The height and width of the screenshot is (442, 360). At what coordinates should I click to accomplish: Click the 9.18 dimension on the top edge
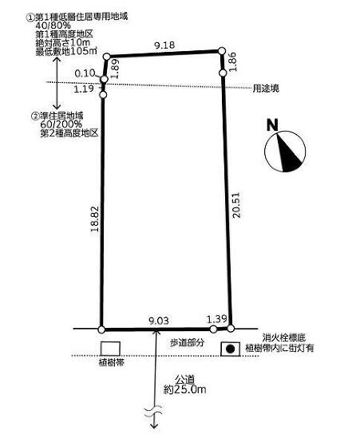pyautogui.click(x=164, y=45)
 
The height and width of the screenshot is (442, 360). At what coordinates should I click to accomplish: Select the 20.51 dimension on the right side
pyautogui.click(x=236, y=205)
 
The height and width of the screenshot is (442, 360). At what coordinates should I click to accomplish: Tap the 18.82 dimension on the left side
pyautogui.click(x=95, y=219)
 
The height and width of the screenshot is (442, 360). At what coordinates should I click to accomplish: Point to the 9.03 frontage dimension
pyautogui.click(x=159, y=321)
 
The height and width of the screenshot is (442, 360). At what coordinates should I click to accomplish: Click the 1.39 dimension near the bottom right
pyautogui.click(x=216, y=319)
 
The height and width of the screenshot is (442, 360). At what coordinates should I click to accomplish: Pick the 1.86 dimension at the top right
pyautogui.click(x=232, y=62)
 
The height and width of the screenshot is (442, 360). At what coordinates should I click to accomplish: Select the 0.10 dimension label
pyautogui.click(x=85, y=73)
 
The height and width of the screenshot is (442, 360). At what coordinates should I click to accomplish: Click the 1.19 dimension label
pyautogui.click(x=84, y=89)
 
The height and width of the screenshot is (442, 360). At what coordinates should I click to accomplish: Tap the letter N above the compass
pyautogui.click(x=272, y=125)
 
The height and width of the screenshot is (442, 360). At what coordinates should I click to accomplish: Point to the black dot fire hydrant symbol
pyautogui.click(x=231, y=349)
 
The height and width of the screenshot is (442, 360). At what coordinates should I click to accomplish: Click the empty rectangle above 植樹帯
pyautogui.click(x=110, y=349)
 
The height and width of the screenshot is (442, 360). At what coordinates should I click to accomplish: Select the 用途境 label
pyautogui.click(x=266, y=89)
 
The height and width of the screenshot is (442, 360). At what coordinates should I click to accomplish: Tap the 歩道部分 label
pyautogui.click(x=187, y=342)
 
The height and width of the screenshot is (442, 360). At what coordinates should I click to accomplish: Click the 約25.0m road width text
pyautogui.click(x=185, y=389)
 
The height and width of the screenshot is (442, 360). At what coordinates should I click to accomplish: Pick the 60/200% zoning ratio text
pyautogui.click(x=61, y=124)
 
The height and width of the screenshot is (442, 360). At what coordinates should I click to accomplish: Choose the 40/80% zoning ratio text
pyautogui.click(x=53, y=26)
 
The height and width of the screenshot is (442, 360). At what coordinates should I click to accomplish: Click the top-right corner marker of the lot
pyautogui.click(x=222, y=51)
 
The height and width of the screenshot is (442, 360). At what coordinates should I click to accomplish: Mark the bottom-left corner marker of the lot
pyautogui.click(x=101, y=330)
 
